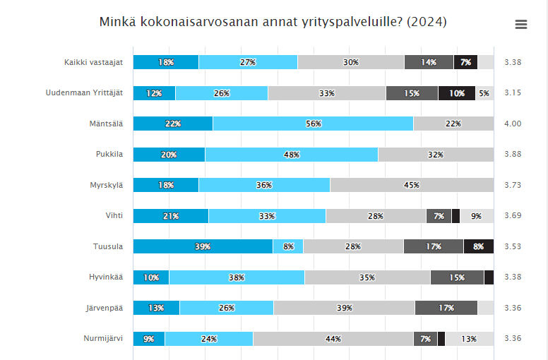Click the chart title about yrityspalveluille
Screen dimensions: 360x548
(273, 22)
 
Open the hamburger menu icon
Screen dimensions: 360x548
(521, 24)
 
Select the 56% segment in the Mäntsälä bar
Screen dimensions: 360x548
(313, 124)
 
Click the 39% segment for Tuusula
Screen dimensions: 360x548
(203, 246)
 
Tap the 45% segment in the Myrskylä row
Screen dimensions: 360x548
(412, 185)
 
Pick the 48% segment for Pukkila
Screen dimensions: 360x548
(292, 155)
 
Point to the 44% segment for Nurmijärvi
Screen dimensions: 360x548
(333, 339)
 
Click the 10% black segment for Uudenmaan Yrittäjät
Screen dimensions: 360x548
(456, 93)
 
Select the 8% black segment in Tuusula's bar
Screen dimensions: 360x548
(478, 246)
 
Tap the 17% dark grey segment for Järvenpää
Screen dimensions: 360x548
(446, 308)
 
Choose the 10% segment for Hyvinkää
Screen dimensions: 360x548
(151, 277)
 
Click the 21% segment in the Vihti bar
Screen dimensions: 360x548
(171, 216)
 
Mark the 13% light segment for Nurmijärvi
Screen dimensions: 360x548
(469, 339)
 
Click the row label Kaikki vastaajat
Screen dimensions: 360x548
(93, 62)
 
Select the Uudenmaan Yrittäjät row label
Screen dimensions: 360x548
(84, 93)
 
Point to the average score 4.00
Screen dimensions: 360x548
(513, 124)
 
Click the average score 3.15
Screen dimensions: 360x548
(513, 93)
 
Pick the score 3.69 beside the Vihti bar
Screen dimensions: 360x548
(513, 216)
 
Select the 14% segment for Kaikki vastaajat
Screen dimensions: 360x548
(429, 62)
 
